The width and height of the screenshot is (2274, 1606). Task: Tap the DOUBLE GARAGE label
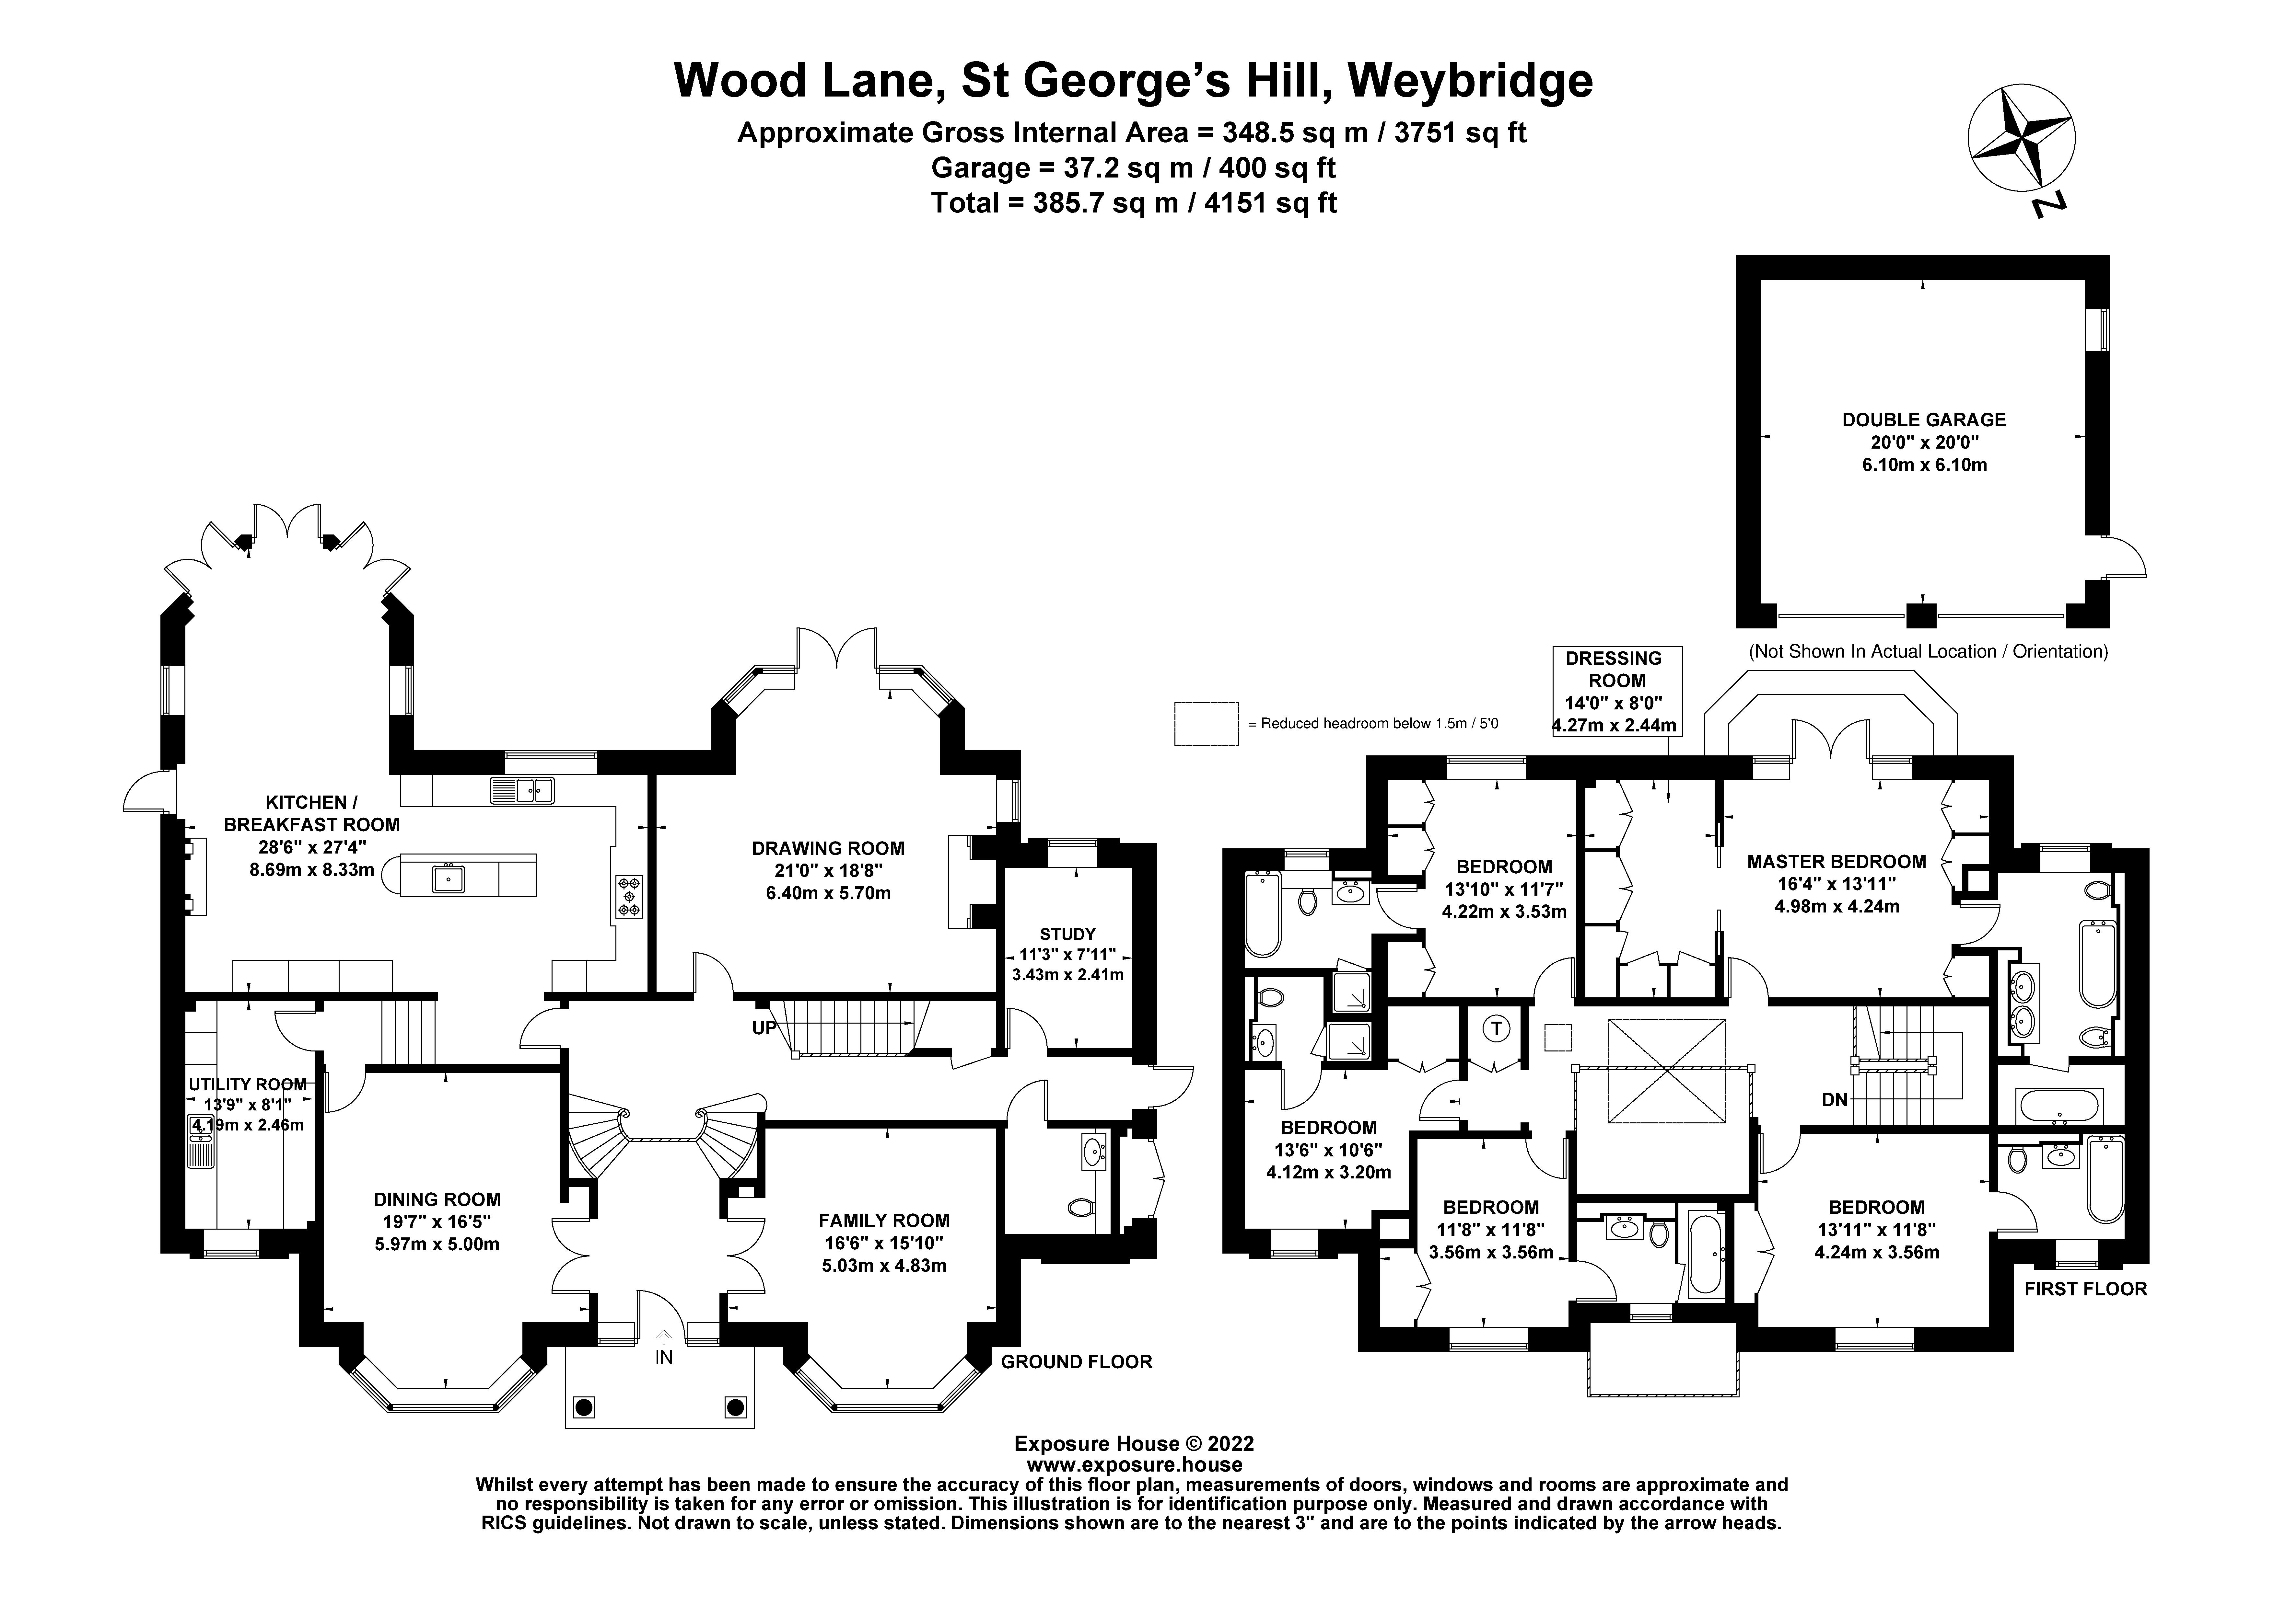click(x=1923, y=420)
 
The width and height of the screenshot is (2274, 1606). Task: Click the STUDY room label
click(x=1067, y=934)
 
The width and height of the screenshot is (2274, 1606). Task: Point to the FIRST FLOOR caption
click(x=2085, y=1289)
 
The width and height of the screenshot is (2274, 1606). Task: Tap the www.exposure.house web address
click(x=1134, y=1464)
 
